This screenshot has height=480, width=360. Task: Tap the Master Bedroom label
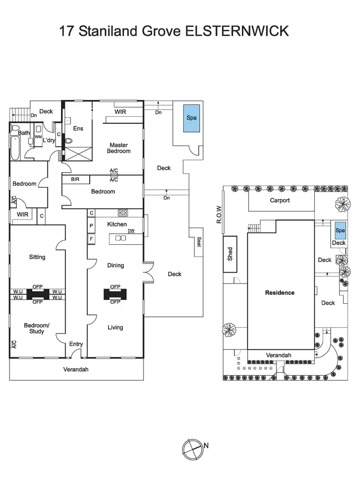120,148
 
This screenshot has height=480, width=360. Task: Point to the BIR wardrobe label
75,180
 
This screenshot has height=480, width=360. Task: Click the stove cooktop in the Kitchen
122,213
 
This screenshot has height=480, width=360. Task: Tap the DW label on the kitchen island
131,231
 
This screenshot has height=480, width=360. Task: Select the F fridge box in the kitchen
90,238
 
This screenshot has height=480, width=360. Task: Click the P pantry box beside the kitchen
90,225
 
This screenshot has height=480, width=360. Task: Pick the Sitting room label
37,257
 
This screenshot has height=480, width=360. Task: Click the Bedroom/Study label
36,328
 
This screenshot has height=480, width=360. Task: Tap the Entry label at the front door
76,344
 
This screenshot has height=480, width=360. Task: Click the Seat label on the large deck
199,242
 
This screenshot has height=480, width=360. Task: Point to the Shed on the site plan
230,253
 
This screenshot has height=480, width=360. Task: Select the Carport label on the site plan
279,200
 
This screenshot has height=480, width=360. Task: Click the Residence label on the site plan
280,292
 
